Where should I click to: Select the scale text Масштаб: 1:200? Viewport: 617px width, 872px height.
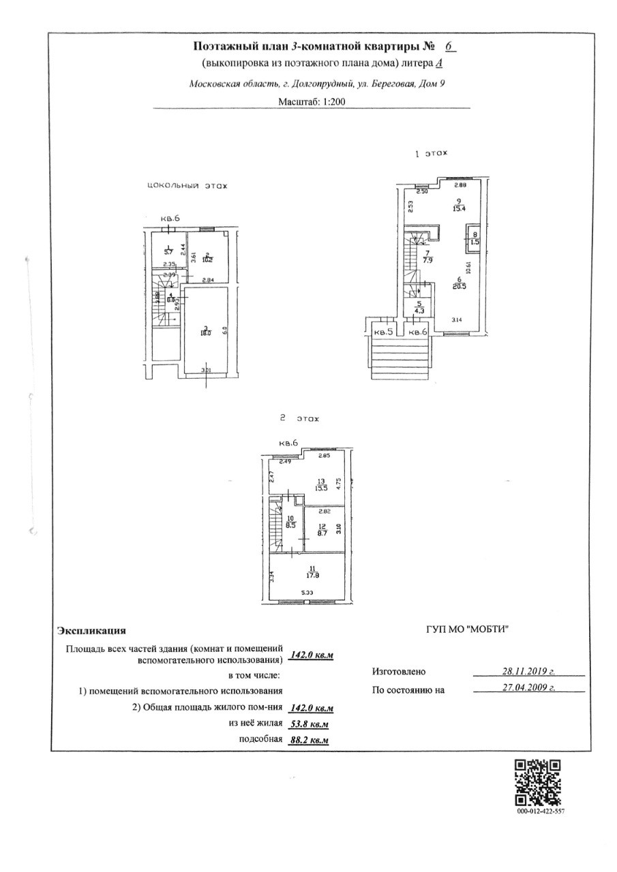[x=311, y=102]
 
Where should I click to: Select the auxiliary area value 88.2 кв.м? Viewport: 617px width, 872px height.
[x=309, y=740]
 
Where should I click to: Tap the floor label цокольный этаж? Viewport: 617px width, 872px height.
[x=186, y=185]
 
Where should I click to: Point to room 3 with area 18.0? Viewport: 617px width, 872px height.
[x=204, y=330]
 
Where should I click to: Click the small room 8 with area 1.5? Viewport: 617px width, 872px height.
[x=475, y=237]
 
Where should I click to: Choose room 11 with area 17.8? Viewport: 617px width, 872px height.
[x=314, y=573]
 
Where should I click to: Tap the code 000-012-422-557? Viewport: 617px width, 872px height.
[x=537, y=811]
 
